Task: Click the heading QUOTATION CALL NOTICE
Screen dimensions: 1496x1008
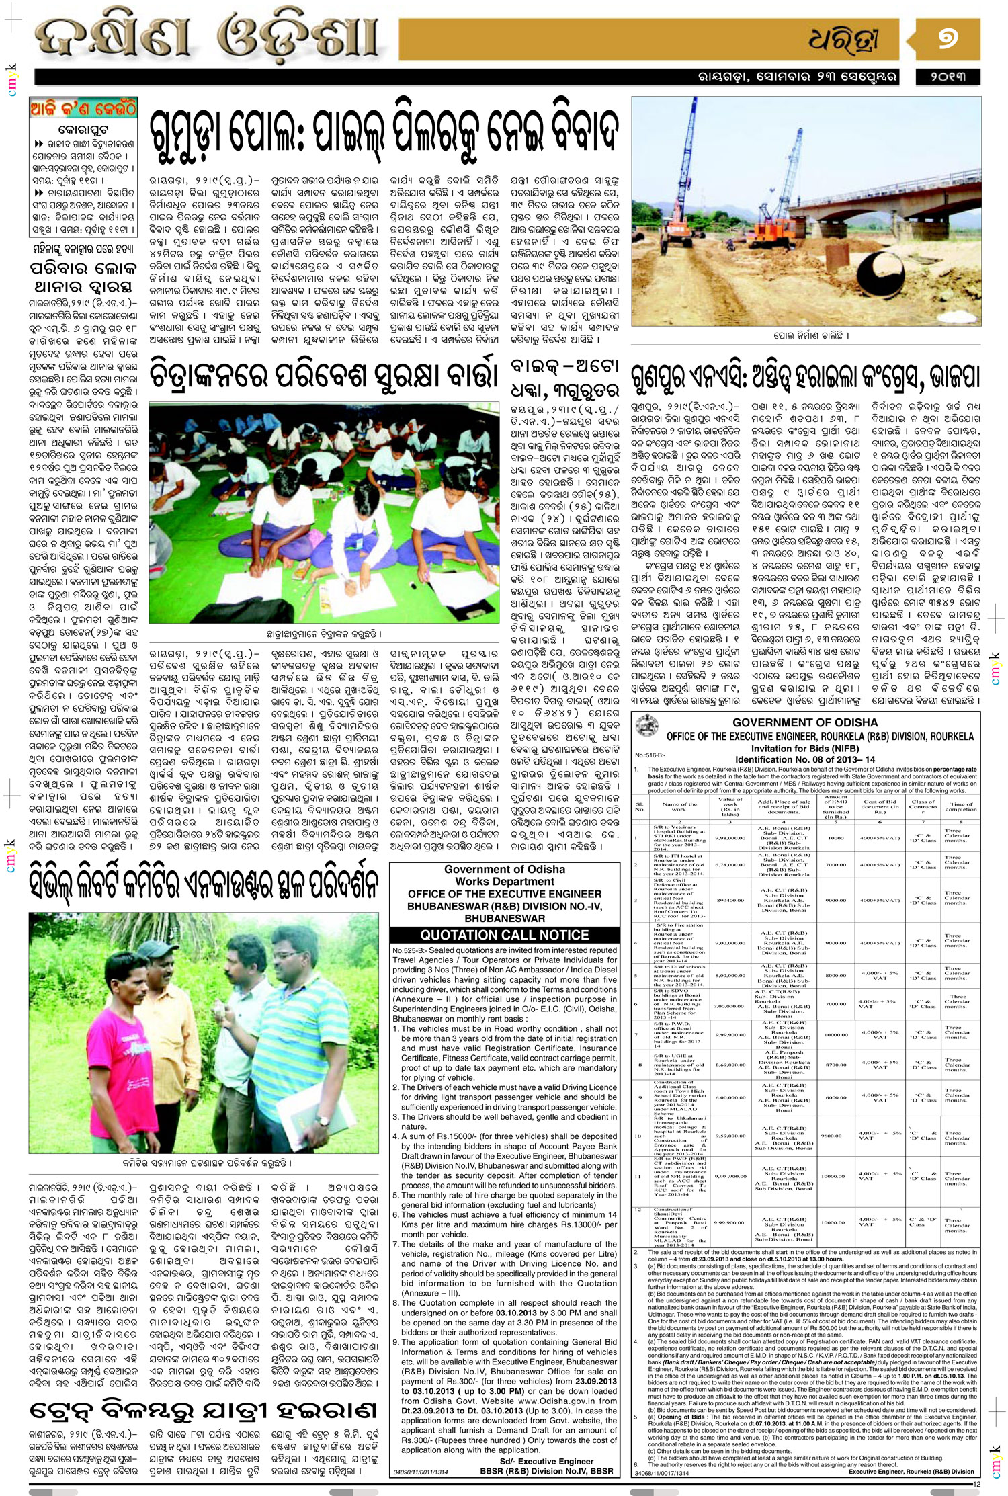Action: pos(504,935)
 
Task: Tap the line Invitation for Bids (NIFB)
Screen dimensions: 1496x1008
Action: pos(804,749)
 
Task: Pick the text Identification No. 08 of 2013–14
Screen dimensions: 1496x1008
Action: pos(804,759)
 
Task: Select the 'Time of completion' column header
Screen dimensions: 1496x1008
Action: pos(961,806)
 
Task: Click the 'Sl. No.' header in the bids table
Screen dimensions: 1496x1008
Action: pos(640,806)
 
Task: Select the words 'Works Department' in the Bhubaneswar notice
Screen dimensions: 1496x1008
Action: pos(505,881)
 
